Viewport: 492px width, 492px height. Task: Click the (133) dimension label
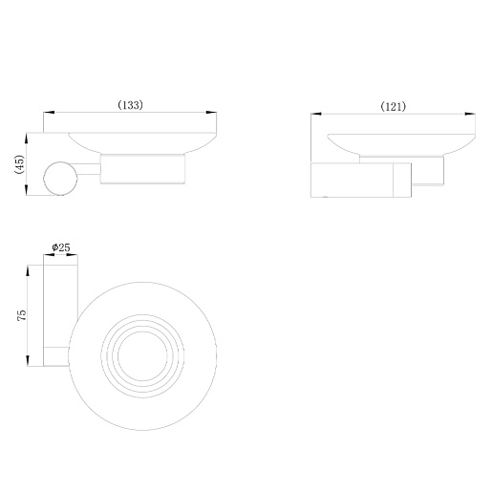131,105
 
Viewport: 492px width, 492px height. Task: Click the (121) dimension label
394,106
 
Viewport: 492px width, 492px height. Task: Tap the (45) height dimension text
19,164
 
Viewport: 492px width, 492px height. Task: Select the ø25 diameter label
61,247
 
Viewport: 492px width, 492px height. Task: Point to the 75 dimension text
22,314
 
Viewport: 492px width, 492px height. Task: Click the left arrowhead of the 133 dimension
49,113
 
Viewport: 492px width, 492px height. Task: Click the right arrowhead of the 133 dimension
211,113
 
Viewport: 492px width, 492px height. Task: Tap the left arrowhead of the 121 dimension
316,114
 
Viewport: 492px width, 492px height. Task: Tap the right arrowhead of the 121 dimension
470,114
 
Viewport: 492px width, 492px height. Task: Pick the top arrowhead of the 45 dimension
27,139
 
